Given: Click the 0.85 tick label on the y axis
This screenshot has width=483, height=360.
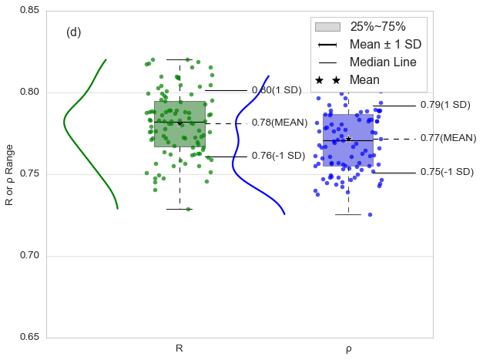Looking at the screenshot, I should pos(29,11).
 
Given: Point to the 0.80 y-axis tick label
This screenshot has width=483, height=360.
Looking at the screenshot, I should pos(29,93).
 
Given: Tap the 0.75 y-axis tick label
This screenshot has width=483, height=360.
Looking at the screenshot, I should pos(29,174).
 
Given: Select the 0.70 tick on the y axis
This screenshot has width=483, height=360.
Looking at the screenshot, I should pos(29,256).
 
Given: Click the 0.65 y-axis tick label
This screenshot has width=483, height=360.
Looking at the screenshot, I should pos(29,338).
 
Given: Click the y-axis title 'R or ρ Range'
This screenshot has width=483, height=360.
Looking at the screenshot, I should pos(9,174).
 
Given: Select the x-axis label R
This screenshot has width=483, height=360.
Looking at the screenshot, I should pos(179,348).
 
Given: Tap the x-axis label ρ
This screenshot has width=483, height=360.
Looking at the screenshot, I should pos(348,349).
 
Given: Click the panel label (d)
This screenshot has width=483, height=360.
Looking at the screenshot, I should pos(74,32).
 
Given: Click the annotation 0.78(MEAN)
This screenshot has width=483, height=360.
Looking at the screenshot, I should pos(280,123).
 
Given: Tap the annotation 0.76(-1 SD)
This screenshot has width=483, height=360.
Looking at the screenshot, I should pos(278,156).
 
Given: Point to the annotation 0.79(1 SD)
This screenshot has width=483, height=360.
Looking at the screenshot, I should pos(445,105).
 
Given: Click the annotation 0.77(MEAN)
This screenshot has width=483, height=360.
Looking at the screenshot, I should pos(448,138).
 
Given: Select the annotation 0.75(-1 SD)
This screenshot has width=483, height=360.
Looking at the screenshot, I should pos(447,172).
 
